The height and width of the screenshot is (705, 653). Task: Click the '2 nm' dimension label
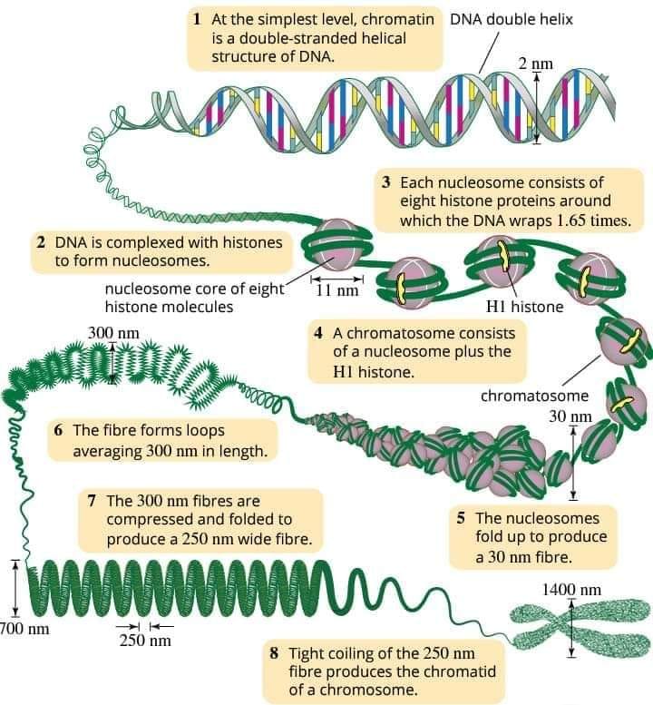click(535, 64)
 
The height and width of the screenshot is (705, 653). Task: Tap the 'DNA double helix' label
click(512, 19)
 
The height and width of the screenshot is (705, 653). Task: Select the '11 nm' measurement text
click(337, 290)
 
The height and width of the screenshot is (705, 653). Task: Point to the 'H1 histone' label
click(524, 307)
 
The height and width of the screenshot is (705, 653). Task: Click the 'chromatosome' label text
click(534, 396)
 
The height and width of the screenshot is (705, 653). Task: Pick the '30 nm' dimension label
click(570, 416)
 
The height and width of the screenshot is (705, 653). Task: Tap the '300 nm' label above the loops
click(113, 333)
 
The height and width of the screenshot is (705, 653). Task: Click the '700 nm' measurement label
click(24, 628)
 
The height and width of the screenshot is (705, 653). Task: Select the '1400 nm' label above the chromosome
click(571, 590)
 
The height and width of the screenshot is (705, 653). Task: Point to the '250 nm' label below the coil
click(145, 641)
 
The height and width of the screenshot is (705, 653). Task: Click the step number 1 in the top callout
click(197, 19)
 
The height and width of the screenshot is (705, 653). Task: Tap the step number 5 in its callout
click(461, 518)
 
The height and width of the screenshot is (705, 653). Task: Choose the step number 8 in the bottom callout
click(274, 653)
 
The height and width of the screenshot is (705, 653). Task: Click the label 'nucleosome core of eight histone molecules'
click(195, 298)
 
